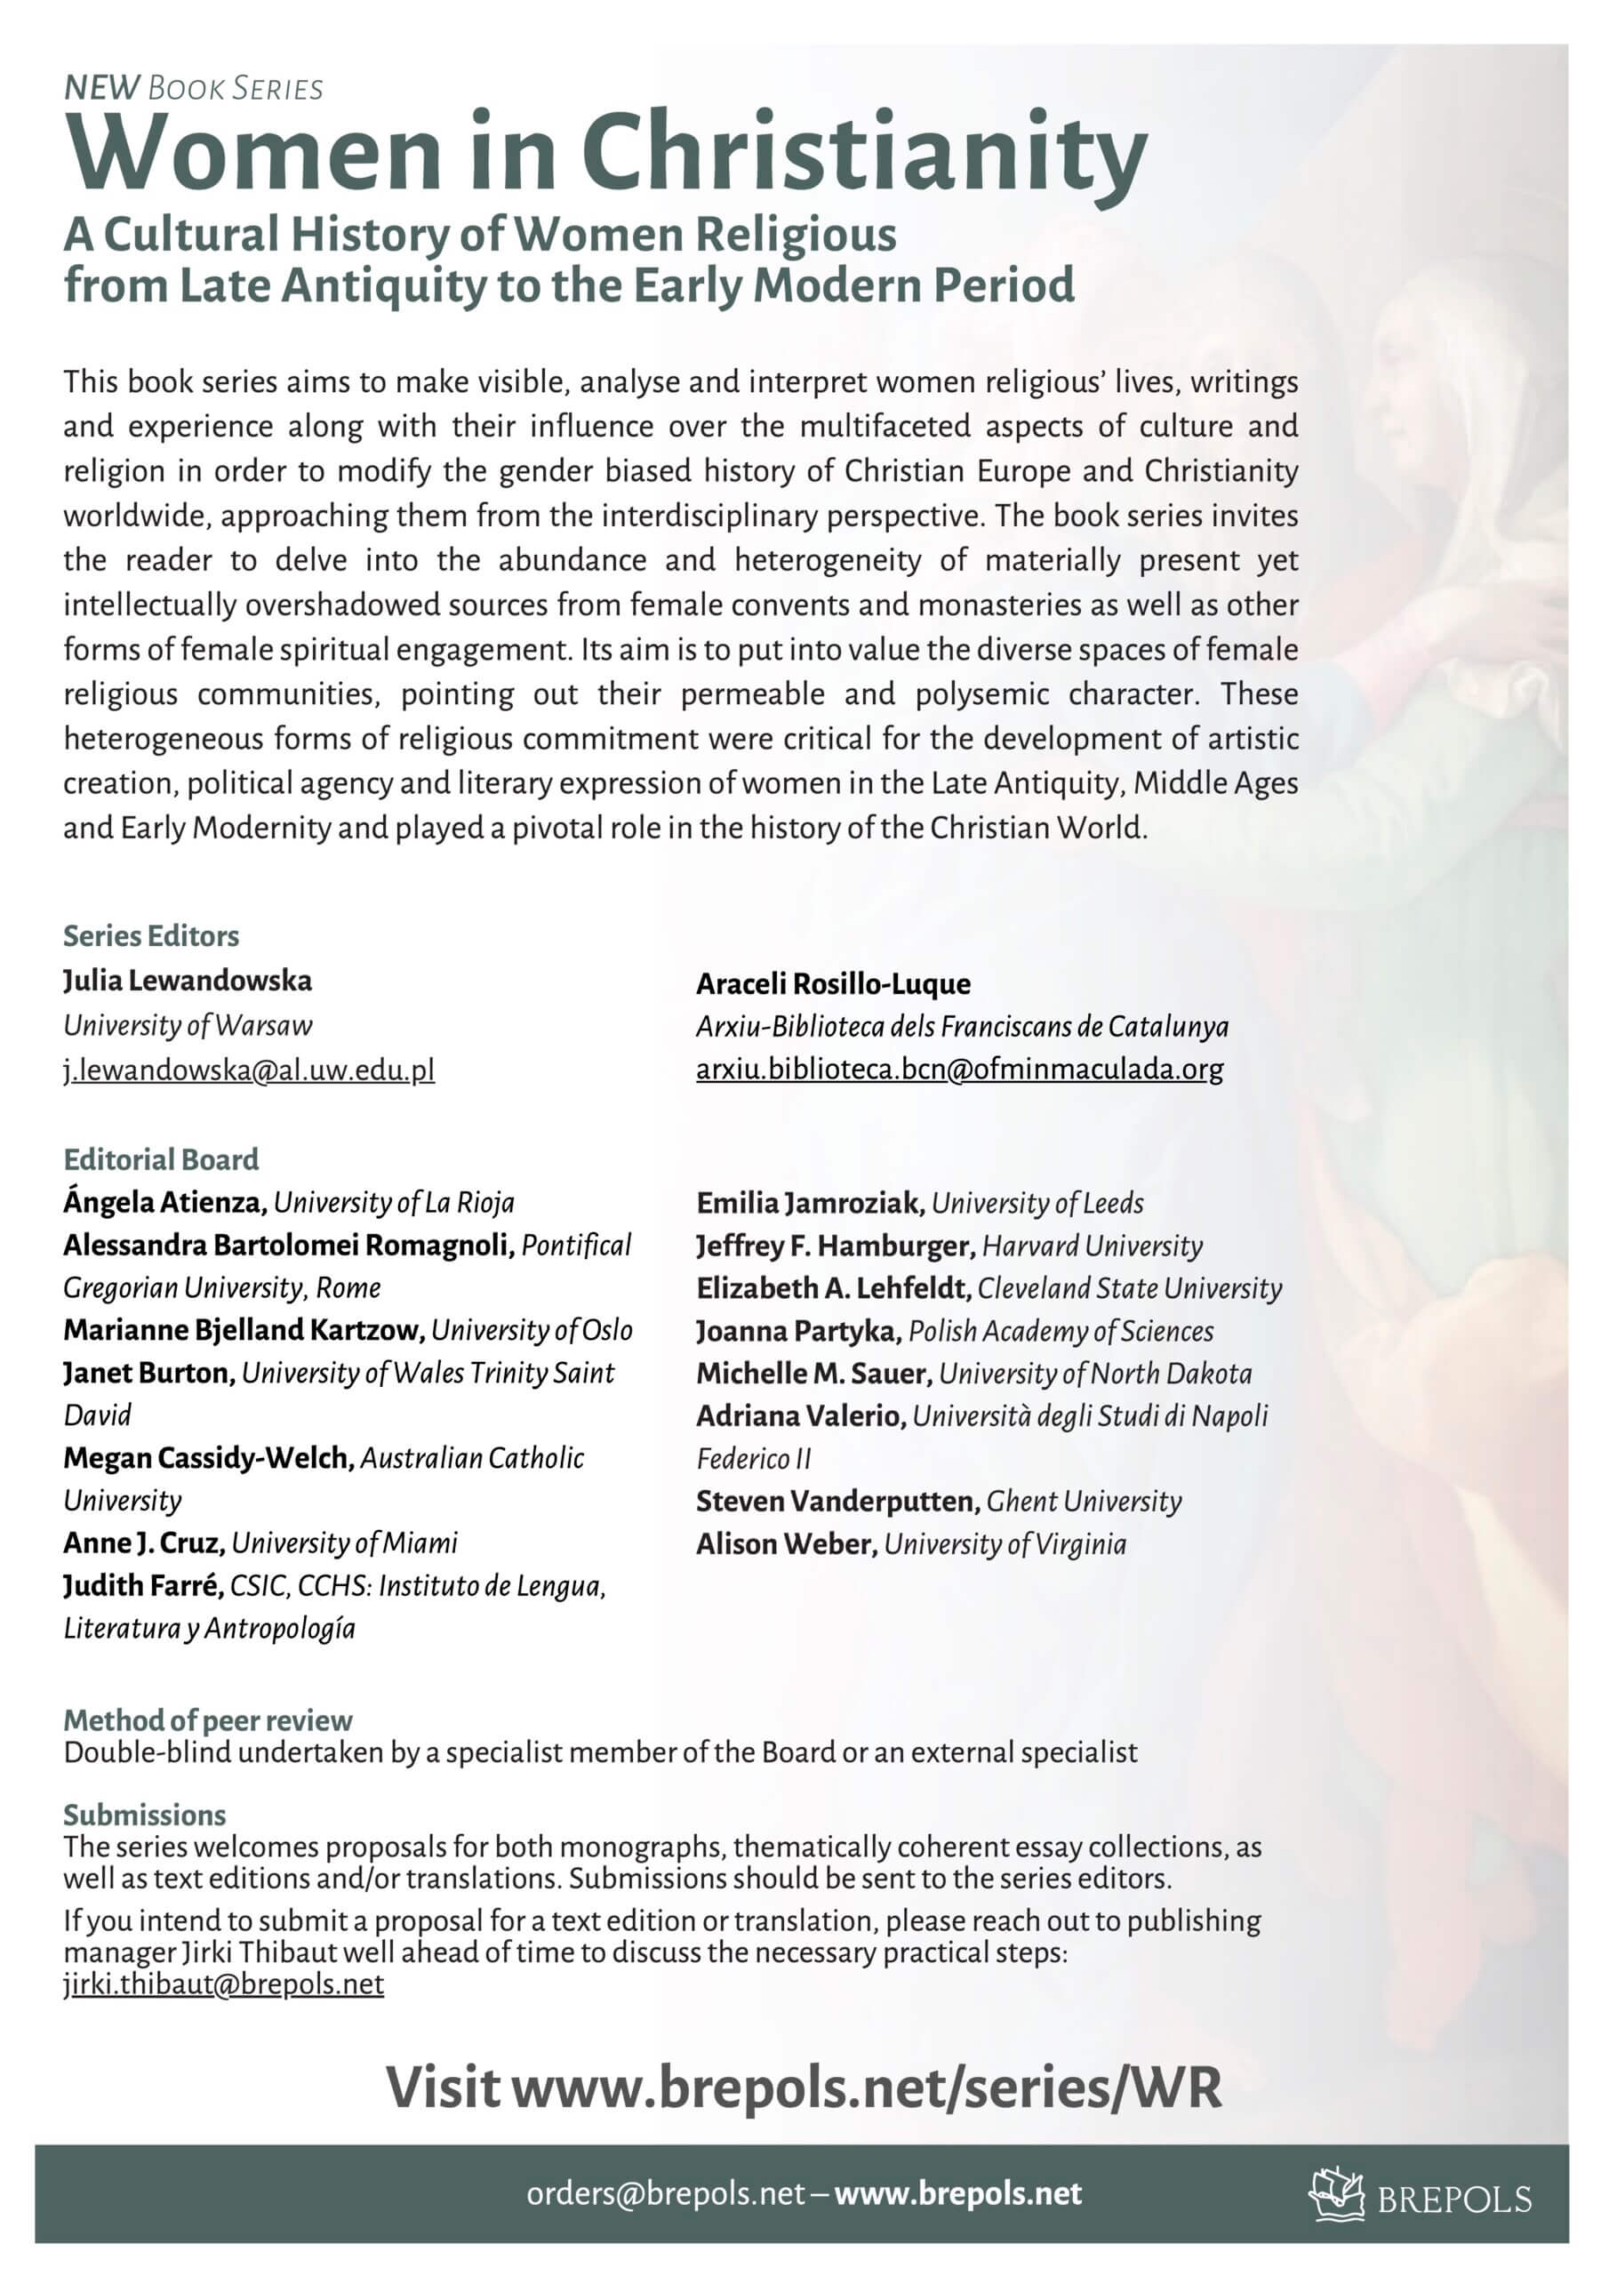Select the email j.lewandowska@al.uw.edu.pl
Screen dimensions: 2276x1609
coord(249,1070)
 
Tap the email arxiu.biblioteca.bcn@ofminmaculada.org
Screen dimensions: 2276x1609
coord(958,1069)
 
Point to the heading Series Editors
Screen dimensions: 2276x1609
coord(151,936)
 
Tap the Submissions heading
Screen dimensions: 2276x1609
coord(145,1815)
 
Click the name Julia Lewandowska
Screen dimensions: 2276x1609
coord(188,981)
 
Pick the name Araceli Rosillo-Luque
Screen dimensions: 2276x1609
coord(833,983)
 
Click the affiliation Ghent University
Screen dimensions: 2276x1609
coord(1084,1501)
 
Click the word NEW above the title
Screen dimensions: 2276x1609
coord(101,88)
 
